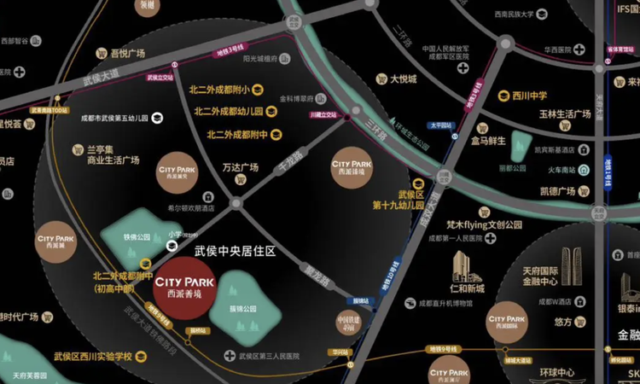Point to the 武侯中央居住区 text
236,252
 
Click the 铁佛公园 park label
137,237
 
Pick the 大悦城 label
403,79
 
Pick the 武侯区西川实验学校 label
92,355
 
